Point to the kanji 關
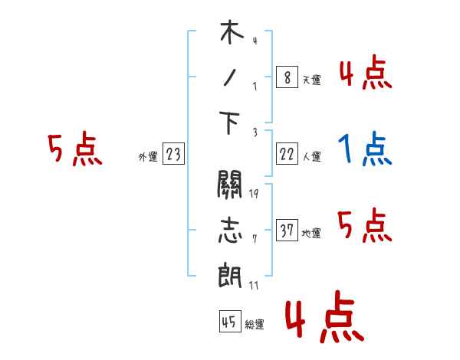230,185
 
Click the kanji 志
230,229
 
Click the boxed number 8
286,77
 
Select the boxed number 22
286,155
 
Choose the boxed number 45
228,322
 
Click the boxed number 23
173,155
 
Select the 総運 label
254,324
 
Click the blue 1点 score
366,149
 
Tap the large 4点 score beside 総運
323,319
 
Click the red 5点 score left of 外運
74,149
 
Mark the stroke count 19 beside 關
253,193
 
